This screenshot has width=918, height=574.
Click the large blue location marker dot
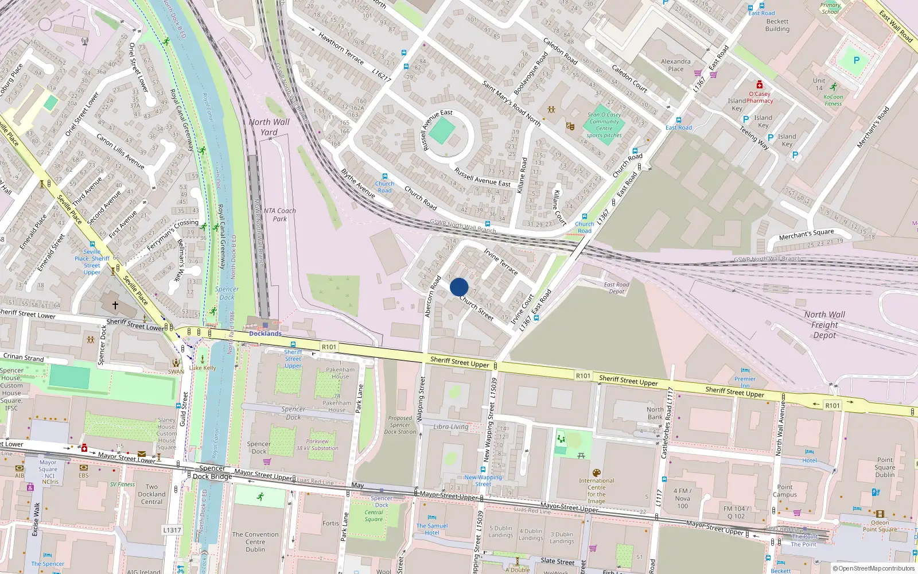coord(459,287)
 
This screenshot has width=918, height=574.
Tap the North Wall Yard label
coord(269,127)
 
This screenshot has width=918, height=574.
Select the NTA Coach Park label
coord(280,215)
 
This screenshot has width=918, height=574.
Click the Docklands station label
coord(265,333)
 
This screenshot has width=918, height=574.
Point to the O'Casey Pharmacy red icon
coord(760,85)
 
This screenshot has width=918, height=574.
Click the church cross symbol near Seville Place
coord(115,305)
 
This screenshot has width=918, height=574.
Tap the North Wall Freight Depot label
coord(824,325)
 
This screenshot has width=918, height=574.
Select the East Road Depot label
coord(617,288)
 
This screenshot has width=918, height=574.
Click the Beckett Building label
coord(777,25)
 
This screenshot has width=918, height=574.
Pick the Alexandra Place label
coord(676,65)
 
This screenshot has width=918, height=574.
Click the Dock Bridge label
coord(212,476)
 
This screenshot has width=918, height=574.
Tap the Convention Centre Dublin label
coord(255,542)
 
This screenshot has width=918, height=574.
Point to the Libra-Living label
coord(451,426)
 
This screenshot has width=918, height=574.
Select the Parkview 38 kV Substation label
coord(317,445)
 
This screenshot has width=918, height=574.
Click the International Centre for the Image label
coord(597,491)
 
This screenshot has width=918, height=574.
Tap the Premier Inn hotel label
coord(745,382)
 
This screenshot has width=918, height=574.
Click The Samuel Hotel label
coord(432,529)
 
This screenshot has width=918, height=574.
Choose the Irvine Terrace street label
coord(501,261)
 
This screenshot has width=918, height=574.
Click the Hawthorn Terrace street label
coord(341,48)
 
